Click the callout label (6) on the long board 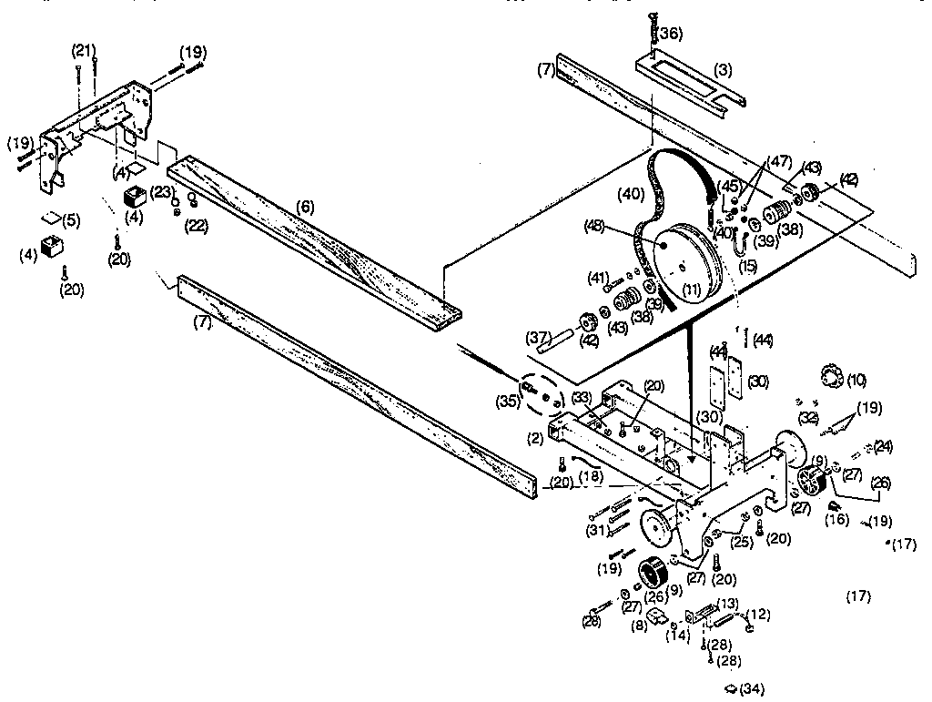306,207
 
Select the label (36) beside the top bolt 669,34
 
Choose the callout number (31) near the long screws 595,531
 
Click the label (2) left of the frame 535,437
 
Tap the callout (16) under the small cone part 836,520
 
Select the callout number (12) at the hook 757,613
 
